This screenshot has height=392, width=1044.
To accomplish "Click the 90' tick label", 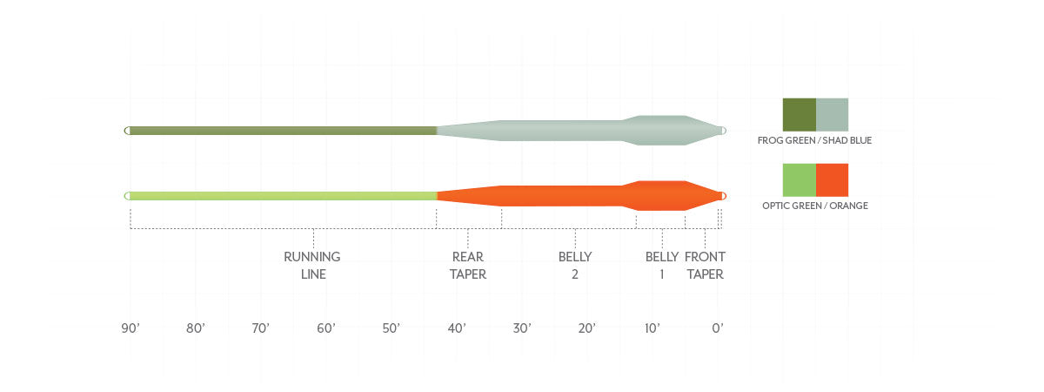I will (x=130, y=328).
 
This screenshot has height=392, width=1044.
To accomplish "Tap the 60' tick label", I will (x=326, y=328).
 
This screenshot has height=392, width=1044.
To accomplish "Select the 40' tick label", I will (x=457, y=328).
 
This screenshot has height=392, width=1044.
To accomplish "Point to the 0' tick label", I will (x=718, y=328).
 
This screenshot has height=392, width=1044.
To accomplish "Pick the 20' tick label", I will (x=587, y=328).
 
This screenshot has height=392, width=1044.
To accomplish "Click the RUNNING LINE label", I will (x=312, y=265).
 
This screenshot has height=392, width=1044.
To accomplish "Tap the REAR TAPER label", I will (x=468, y=265).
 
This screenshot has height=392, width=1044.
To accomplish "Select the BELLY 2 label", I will (x=575, y=265).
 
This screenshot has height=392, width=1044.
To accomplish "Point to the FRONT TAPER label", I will (x=705, y=265).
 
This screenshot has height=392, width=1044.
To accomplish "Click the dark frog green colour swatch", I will (x=799, y=114).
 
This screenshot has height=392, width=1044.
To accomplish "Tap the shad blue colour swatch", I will (x=832, y=114).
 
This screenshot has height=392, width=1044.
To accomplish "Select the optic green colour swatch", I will (x=799, y=179).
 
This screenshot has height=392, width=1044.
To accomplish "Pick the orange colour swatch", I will (x=832, y=179).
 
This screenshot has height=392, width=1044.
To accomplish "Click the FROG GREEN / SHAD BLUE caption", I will (x=814, y=140).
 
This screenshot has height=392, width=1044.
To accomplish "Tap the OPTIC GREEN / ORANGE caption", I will (x=814, y=206).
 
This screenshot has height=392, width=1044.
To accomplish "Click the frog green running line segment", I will (x=283, y=131).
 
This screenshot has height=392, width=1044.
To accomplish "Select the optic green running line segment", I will (x=283, y=196).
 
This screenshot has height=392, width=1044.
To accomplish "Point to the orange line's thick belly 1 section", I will (x=661, y=196).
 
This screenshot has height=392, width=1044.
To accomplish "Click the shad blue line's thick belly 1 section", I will (x=661, y=131).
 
